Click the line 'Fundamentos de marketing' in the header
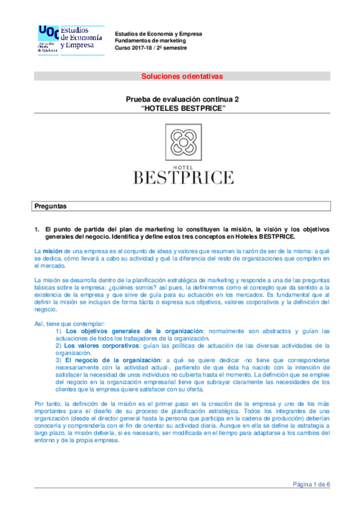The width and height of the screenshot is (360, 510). click(148, 40)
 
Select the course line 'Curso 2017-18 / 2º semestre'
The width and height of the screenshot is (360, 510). click(151, 48)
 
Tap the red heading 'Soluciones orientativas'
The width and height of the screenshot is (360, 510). click(182, 76)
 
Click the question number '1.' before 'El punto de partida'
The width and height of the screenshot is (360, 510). click(36, 229)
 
